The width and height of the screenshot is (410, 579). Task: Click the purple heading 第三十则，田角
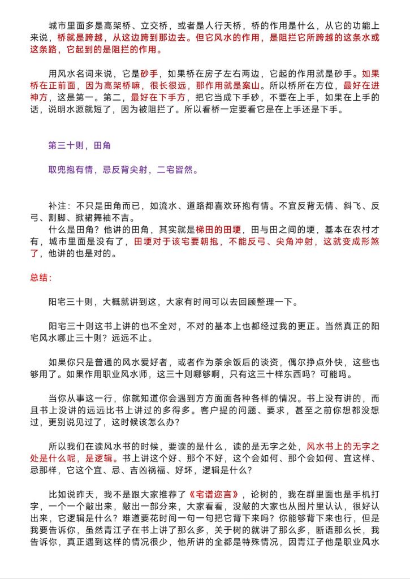coord(79,145)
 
